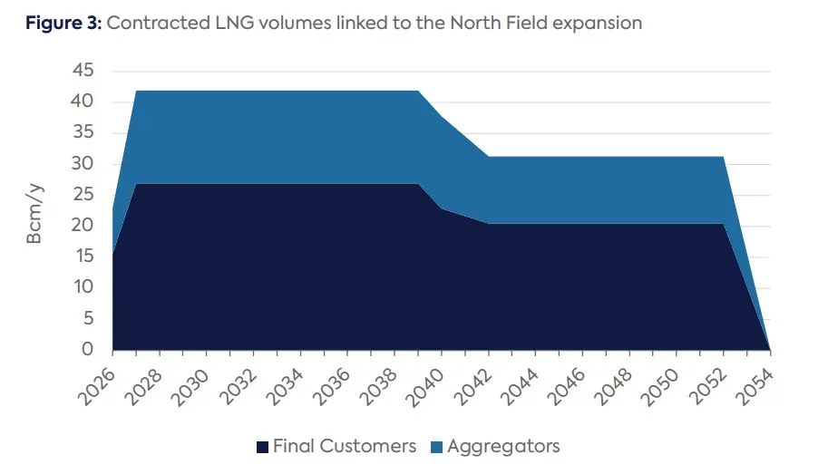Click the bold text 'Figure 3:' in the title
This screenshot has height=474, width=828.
(x=61, y=24)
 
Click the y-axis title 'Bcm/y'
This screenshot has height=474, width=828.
(x=34, y=214)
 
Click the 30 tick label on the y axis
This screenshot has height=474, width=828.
(x=83, y=164)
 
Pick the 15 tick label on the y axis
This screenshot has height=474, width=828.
(x=83, y=257)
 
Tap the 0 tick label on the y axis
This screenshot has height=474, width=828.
(x=88, y=350)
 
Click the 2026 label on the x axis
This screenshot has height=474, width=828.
(x=97, y=381)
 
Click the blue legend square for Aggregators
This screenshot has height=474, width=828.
(x=436, y=447)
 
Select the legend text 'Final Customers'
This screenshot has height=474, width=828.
(x=345, y=446)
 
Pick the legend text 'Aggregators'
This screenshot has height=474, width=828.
(x=504, y=446)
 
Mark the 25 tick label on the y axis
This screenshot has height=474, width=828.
(x=83, y=195)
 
